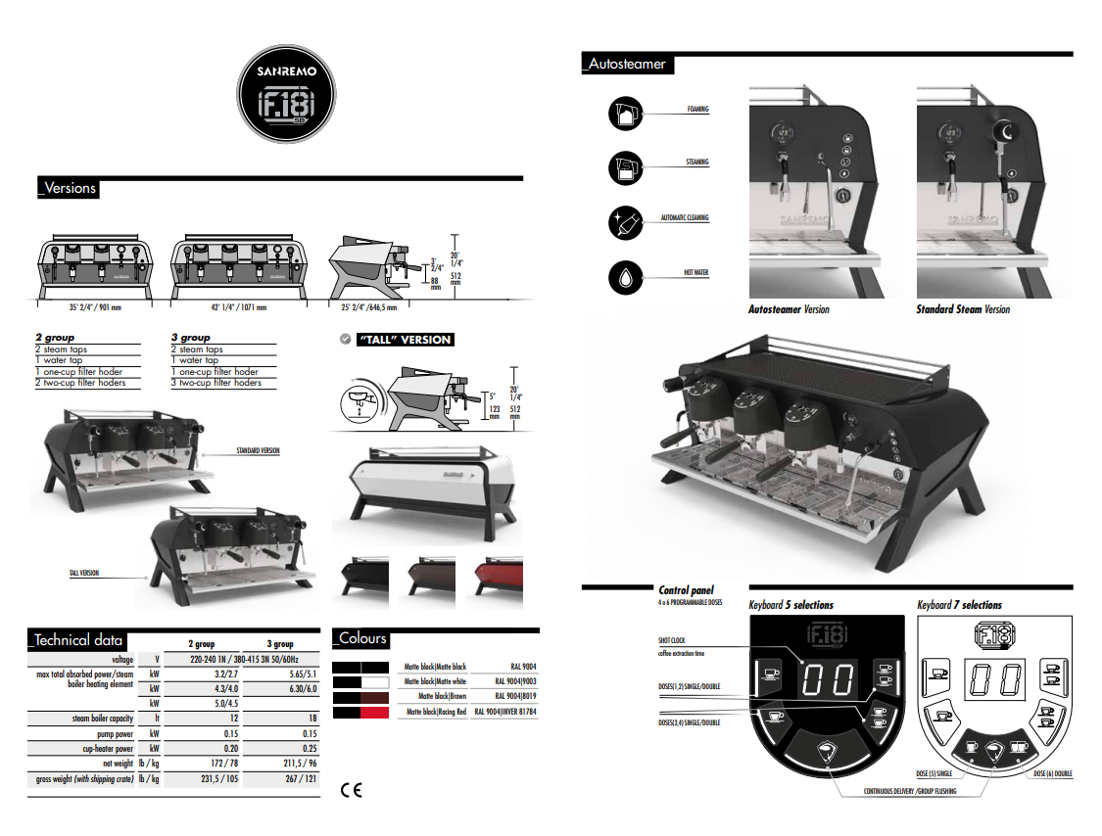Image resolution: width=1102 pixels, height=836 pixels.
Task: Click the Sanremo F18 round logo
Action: tap(286, 97)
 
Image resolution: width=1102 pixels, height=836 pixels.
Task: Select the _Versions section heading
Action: tap(68, 188)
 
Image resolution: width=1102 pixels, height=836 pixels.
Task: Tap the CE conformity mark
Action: tap(350, 790)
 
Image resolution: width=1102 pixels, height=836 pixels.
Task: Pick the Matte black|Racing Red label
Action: tap(435, 713)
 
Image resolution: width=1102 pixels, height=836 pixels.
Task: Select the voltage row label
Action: tap(122, 660)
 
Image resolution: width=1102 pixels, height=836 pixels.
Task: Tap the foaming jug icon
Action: tap(624, 114)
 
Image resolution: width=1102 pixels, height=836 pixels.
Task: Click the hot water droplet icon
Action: tap(624, 278)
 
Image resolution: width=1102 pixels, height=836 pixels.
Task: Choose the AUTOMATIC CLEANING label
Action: tap(685, 218)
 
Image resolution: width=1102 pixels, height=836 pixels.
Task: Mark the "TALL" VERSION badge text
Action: tap(405, 340)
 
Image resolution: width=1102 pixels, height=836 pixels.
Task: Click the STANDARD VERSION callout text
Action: tap(258, 451)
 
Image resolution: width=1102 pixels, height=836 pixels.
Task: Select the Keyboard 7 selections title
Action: tap(959, 605)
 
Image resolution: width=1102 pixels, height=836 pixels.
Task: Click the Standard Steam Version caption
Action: tap(963, 309)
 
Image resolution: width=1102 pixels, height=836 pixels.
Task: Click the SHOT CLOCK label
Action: tap(672, 641)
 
